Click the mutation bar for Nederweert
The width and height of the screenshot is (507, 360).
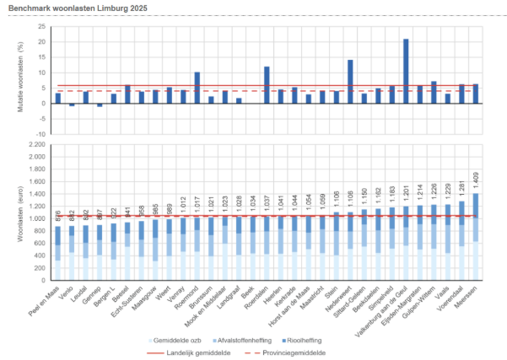pos(350,82)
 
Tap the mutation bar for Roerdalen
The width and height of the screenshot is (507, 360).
pos(267,85)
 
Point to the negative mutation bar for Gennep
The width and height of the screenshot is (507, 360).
pos(100,105)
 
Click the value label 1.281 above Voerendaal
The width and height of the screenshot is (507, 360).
pos(461,191)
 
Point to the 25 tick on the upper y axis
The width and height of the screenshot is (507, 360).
pos(40,27)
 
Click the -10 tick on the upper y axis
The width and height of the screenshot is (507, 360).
pos(40,134)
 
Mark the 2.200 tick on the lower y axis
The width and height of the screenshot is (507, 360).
pos(36,145)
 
